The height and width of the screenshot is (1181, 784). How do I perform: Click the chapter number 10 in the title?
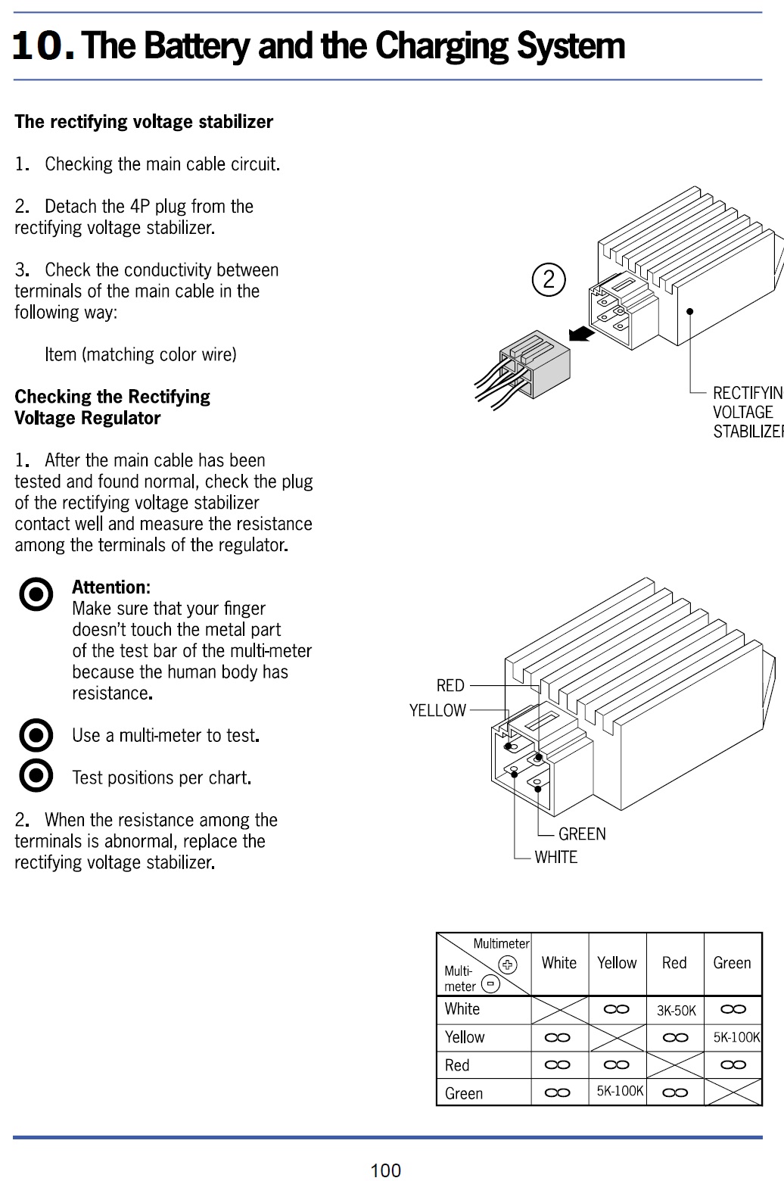point(42,46)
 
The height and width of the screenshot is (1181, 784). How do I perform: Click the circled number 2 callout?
point(549,279)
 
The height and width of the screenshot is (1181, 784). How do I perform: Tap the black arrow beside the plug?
point(580,332)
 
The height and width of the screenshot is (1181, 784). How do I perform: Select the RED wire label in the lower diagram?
point(450,686)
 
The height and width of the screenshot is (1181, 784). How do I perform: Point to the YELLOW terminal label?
point(437,711)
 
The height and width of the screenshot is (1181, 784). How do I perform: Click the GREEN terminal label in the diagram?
point(582,834)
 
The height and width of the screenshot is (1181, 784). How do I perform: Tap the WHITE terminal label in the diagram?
point(555,858)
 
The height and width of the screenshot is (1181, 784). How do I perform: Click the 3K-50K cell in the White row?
point(676,1011)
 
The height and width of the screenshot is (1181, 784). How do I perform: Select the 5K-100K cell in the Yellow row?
point(736,1038)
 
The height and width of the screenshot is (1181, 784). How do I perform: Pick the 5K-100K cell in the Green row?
point(619,1092)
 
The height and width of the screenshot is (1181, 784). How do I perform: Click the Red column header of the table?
point(674,963)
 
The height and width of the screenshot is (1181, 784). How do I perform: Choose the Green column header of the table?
point(732,963)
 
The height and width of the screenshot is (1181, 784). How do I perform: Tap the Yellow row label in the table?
point(465,1038)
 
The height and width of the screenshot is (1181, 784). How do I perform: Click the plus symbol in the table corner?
point(507,964)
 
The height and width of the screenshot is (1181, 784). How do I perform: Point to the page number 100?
point(385,1170)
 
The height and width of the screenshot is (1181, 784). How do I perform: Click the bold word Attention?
point(111,587)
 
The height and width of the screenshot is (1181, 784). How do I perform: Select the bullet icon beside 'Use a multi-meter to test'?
point(36,735)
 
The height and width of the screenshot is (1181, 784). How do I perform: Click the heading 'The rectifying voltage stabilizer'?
point(144,122)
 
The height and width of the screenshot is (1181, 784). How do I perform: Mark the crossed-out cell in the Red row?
point(675,1065)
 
